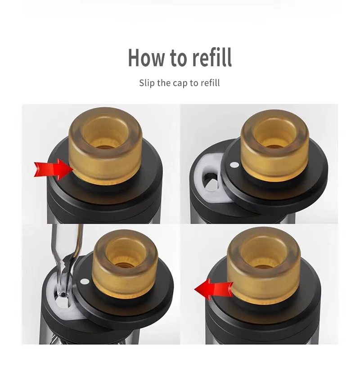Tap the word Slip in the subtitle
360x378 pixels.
tap(147, 83)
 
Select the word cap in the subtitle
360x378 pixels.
tap(180, 83)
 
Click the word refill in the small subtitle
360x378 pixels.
tap(210, 83)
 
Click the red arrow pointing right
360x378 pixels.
tap(54, 169)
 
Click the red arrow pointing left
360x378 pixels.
tap(214, 289)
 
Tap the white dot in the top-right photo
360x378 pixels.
tap(234, 165)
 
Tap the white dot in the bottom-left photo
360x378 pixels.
tap(85, 281)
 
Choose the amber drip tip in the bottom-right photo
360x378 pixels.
tap(264, 265)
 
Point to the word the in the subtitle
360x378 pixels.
tap(164, 83)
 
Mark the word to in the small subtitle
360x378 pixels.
tap(194, 83)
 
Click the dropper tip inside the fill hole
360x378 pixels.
tap(63, 294)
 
